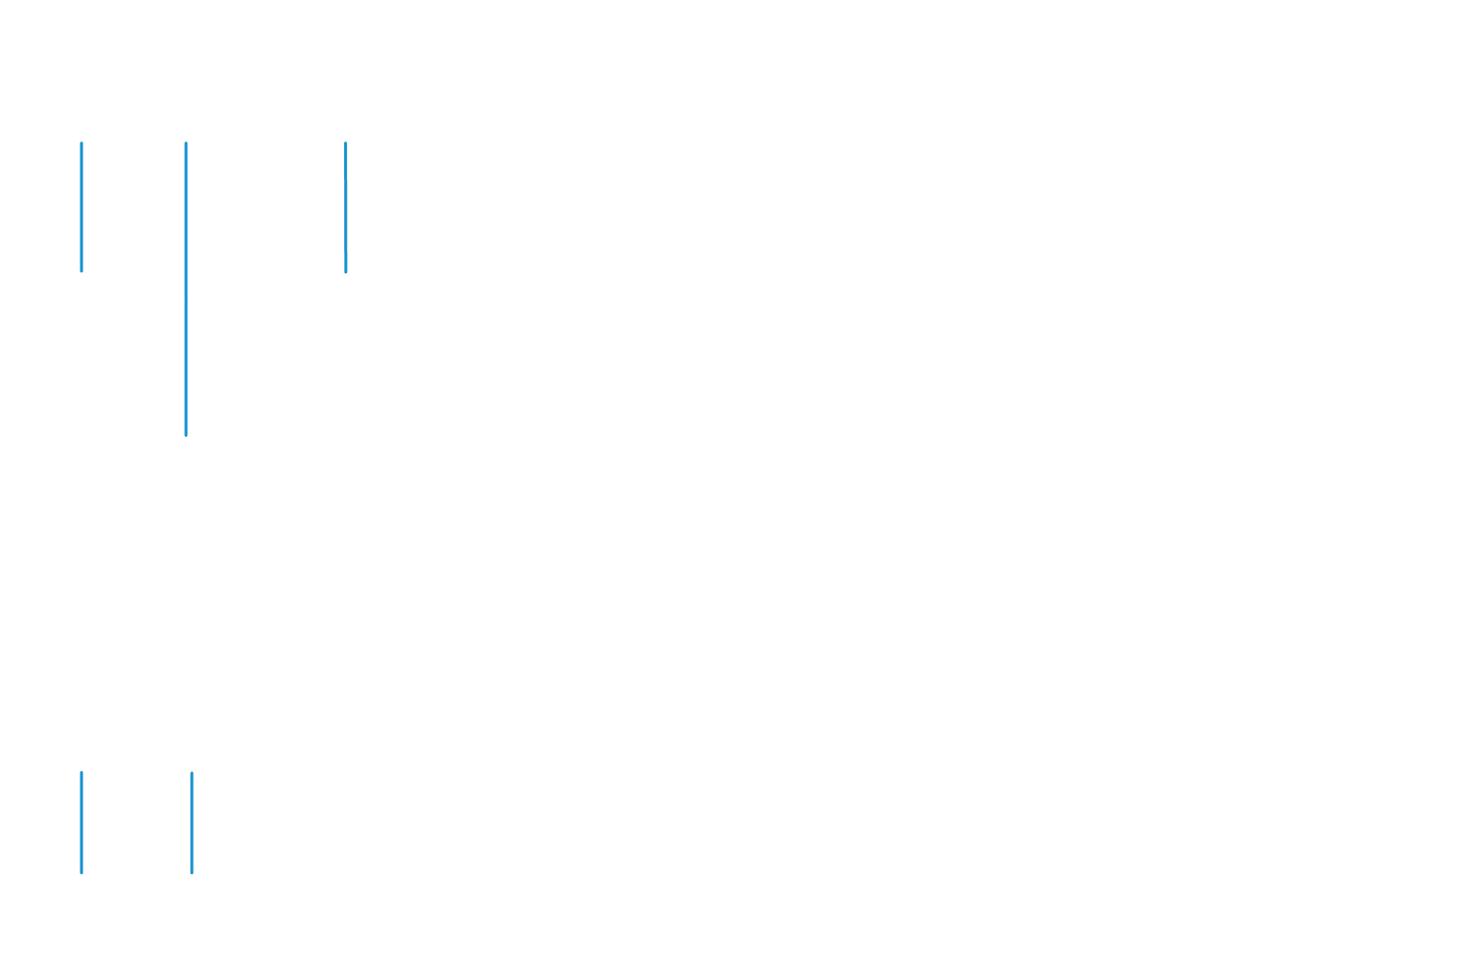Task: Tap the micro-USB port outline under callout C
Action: click(x=346, y=280)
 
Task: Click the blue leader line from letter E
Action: click(x=192, y=824)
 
